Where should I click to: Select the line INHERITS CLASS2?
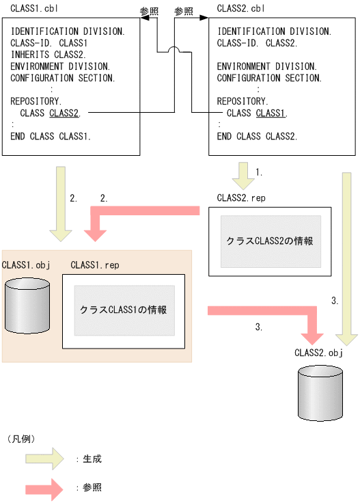tap(47, 55)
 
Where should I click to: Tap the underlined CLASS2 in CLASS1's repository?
tap(64, 113)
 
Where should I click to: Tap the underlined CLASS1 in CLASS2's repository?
tap(271, 113)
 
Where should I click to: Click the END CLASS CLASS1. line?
tap(51, 136)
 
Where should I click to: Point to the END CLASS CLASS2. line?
tap(257, 136)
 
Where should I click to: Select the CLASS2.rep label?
tap(240, 198)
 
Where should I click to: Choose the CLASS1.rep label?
tap(94, 265)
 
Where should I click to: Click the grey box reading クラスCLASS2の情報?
tap(270, 241)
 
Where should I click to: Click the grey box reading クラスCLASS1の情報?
tap(124, 310)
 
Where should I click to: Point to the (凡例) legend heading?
tap(21, 437)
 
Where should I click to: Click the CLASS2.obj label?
tap(318, 353)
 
